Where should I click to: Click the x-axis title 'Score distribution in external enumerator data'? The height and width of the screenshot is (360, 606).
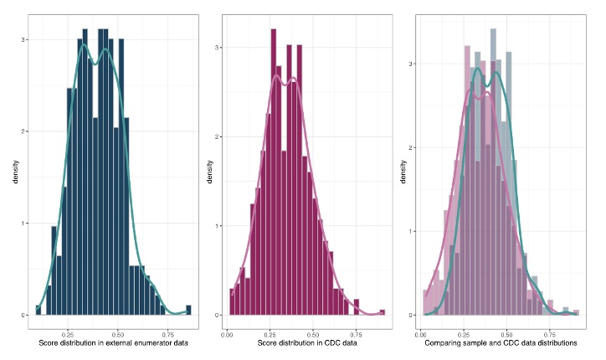[113, 343]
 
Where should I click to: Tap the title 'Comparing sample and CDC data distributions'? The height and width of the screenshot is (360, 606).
[501, 343]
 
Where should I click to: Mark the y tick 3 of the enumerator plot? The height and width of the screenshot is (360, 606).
[24, 39]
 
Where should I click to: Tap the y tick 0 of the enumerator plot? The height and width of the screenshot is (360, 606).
[24, 315]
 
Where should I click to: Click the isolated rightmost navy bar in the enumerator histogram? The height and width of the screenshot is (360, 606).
[188, 311]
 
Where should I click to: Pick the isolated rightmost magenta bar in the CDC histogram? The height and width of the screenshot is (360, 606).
[383, 312]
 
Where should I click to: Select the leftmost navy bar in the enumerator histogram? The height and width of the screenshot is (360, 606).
[38, 311]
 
